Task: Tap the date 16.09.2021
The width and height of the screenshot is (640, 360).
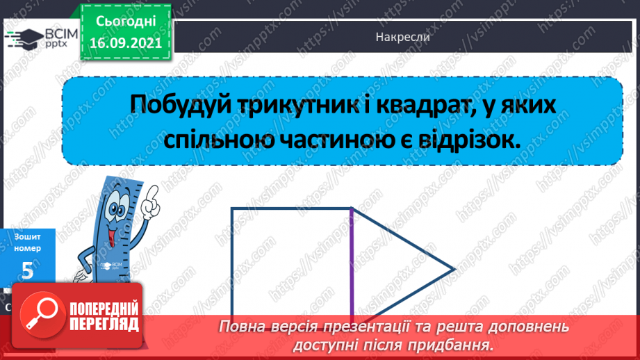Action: click(126, 42)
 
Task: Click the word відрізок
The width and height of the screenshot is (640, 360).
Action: click(474, 139)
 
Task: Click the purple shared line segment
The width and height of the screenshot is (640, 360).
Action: click(352, 264)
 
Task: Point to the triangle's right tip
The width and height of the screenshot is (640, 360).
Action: click(453, 269)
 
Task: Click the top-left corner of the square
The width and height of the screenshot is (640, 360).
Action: click(232, 208)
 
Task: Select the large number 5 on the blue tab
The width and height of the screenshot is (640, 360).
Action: click(27, 270)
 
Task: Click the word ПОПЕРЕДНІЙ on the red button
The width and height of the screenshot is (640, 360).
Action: click(104, 309)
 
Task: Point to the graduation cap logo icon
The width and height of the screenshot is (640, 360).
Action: click(23, 38)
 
